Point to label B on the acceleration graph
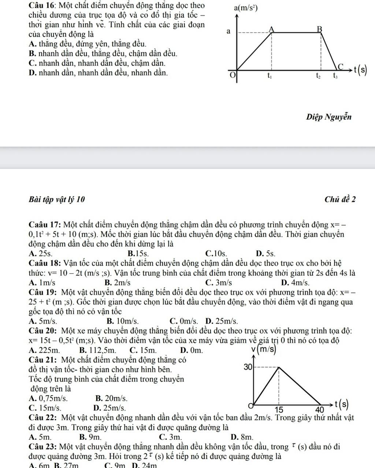pos(319,29)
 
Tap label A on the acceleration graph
pos(271,29)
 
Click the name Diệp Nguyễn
pos(328,117)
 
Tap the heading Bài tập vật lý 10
pos(57,199)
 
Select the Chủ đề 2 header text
pos(339,199)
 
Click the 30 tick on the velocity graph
pos(248,367)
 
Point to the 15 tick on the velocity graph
pos(279,409)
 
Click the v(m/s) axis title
pos(264,350)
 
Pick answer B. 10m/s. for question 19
pos(122,321)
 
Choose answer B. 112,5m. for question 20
pos(97,350)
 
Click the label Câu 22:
pos(43,417)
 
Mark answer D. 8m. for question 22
pos(242,437)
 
